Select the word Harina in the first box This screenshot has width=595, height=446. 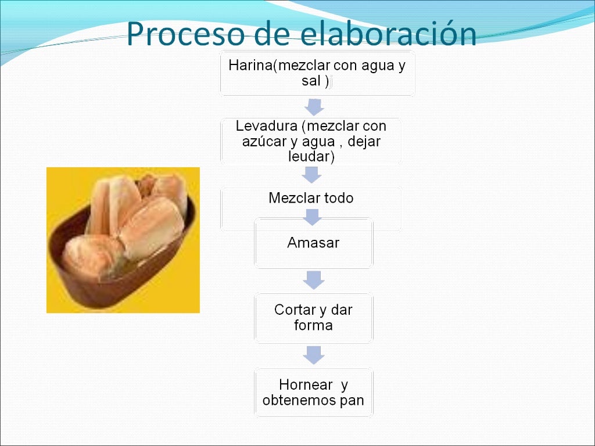(250, 65)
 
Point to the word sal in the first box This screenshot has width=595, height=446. (311, 81)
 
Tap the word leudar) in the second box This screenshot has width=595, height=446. (311, 156)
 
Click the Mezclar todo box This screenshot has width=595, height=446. (311, 199)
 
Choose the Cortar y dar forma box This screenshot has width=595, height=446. (313, 318)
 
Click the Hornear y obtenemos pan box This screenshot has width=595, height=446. (313, 393)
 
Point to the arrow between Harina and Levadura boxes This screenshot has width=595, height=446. (313, 107)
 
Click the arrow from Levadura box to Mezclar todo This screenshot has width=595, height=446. (312, 175)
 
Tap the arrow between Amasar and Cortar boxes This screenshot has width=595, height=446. (313, 280)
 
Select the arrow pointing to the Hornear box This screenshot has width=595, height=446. (313, 355)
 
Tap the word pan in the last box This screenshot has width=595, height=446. (352, 400)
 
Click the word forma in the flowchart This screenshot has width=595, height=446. (313, 325)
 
